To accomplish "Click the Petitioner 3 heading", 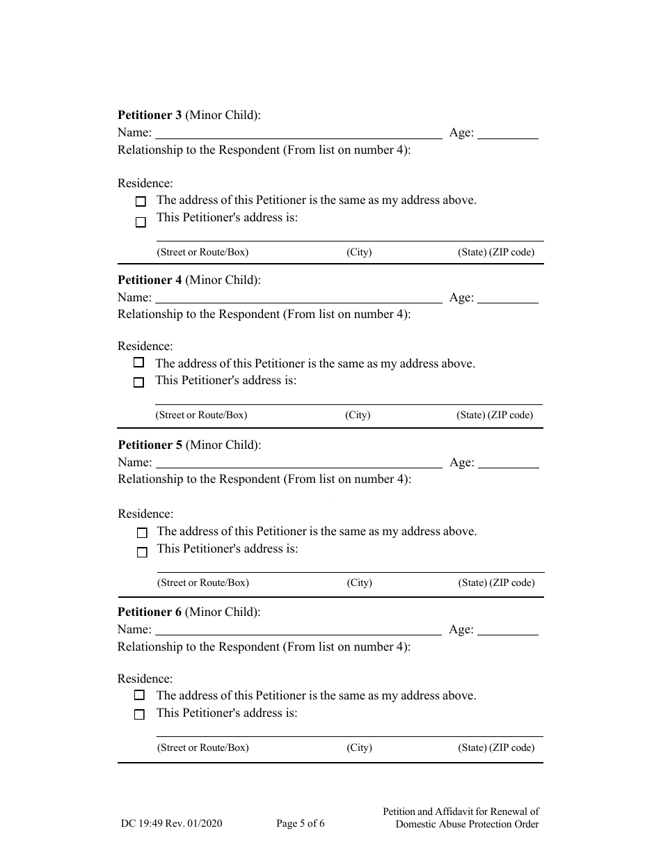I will [189, 116].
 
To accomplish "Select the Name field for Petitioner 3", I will [298, 132].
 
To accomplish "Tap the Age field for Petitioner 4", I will [508, 297].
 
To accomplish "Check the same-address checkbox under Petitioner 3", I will [141, 202].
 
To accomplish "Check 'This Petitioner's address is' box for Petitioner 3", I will [141, 223].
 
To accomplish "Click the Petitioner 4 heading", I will [189, 280].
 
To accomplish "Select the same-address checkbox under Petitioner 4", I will [139, 363].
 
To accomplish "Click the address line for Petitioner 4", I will [348, 397].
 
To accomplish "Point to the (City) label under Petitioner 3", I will [359, 253].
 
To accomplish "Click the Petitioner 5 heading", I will [189, 445].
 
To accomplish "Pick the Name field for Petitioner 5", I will [298, 462].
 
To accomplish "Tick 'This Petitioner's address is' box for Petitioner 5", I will [142, 553].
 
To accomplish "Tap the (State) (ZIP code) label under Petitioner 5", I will [496, 583].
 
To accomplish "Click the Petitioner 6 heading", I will [189, 612].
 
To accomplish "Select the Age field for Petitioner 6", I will [508, 629].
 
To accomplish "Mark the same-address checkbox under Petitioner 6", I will [140, 695].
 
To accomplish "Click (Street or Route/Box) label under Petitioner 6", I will [202, 748].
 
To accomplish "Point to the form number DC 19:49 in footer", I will [171, 824].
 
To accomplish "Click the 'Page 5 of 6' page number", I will [301, 824].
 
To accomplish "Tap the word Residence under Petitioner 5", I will [145, 514].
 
